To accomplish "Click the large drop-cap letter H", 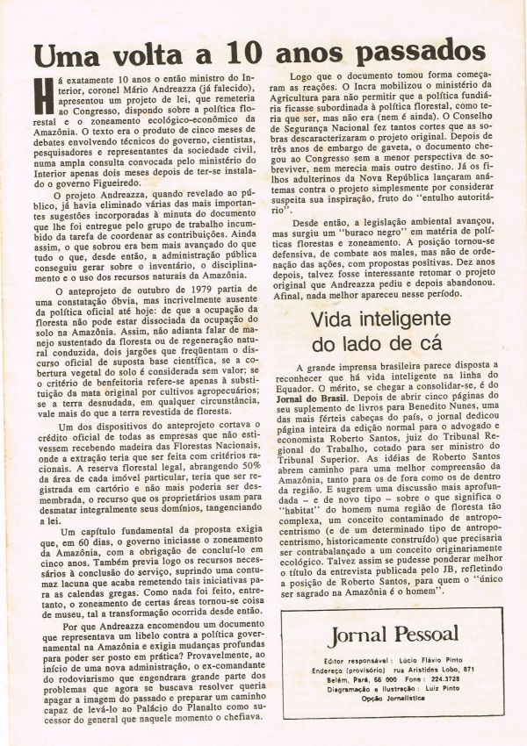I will pos(41,88).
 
